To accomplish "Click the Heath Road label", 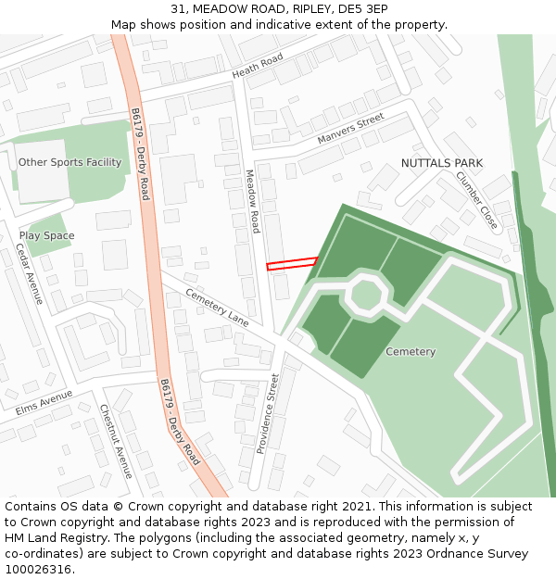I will [x=257, y=66].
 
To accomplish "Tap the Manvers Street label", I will [x=349, y=129].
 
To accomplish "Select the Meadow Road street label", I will [x=252, y=201].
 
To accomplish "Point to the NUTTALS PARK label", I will [x=442, y=163].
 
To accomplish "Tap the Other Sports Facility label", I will [x=69, y=162].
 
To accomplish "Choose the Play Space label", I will [x=46, y=235].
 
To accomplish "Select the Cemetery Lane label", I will [x=218, y=308].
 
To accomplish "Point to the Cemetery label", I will [x=411, y=352].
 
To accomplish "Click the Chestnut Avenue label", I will [x=117, y=442].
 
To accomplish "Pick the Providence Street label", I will [x=266, y=414].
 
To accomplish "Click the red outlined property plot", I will [x=293, y=264].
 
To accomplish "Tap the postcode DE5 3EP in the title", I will [x=363, y=8].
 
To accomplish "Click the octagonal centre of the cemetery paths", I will [x=366, y=295].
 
